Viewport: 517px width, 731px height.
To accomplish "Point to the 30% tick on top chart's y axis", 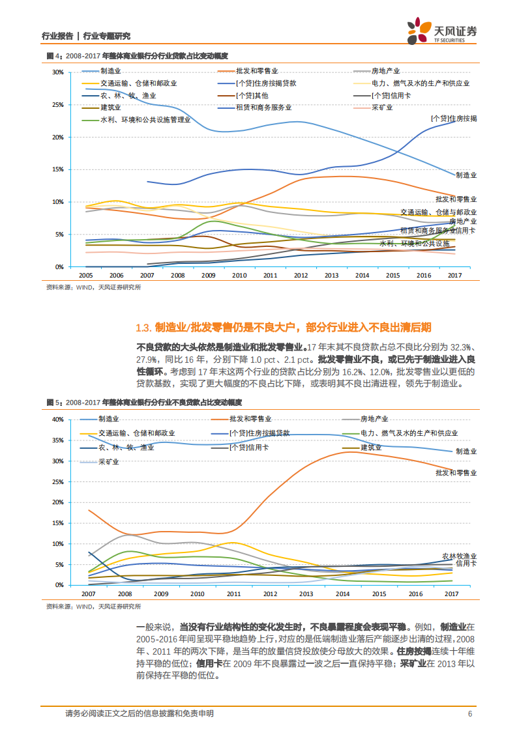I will tap(57, 72).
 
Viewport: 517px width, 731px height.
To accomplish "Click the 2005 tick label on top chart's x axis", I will tap(85, 276).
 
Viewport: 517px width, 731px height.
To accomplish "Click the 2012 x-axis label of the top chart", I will tap(301, 276).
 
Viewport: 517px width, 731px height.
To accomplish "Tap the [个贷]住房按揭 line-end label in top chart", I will tap(454, 119).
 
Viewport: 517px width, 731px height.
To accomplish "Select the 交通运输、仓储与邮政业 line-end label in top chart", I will tap(438, 212).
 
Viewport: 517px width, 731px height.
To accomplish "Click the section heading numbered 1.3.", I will tap(283, 328).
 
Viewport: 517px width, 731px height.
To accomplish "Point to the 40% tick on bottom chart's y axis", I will tap(57, 419).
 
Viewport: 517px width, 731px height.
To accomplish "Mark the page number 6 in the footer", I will tap(469, 713).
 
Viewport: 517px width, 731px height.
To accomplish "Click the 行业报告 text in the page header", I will tap(56, 36).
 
